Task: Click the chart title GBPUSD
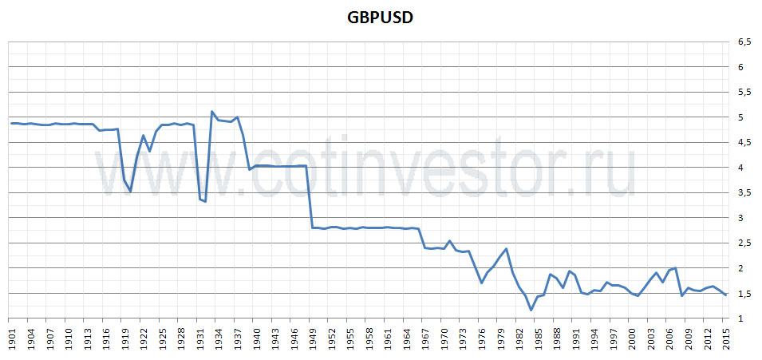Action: click(x=380, y=18)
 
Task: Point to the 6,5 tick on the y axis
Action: click(x=744, y=42)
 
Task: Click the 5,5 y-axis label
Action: click(x=744, y=93)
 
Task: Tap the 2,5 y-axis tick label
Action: click(x=744, y=243)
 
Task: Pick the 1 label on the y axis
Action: click(x=741, y=318)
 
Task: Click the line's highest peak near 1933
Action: click(x=211, y=112)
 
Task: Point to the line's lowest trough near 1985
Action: click(x=531, y=310)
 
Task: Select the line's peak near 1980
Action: click(x=506, y=249)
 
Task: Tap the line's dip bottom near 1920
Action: click(x=130, y=192)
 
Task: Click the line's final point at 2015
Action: click(x=725, y=295)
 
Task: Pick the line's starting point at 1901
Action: click(x=11, y=123)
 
